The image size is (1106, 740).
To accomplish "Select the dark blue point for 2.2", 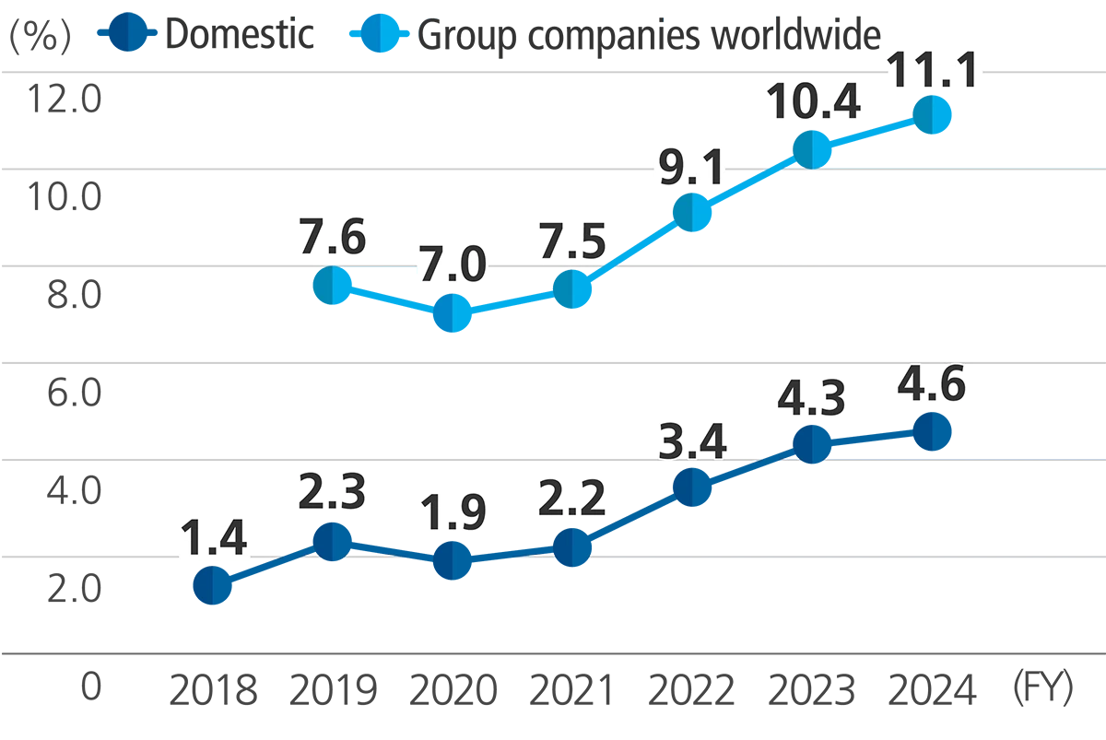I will pos(570,547).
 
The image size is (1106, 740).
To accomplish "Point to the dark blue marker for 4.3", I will pos(809,445).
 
